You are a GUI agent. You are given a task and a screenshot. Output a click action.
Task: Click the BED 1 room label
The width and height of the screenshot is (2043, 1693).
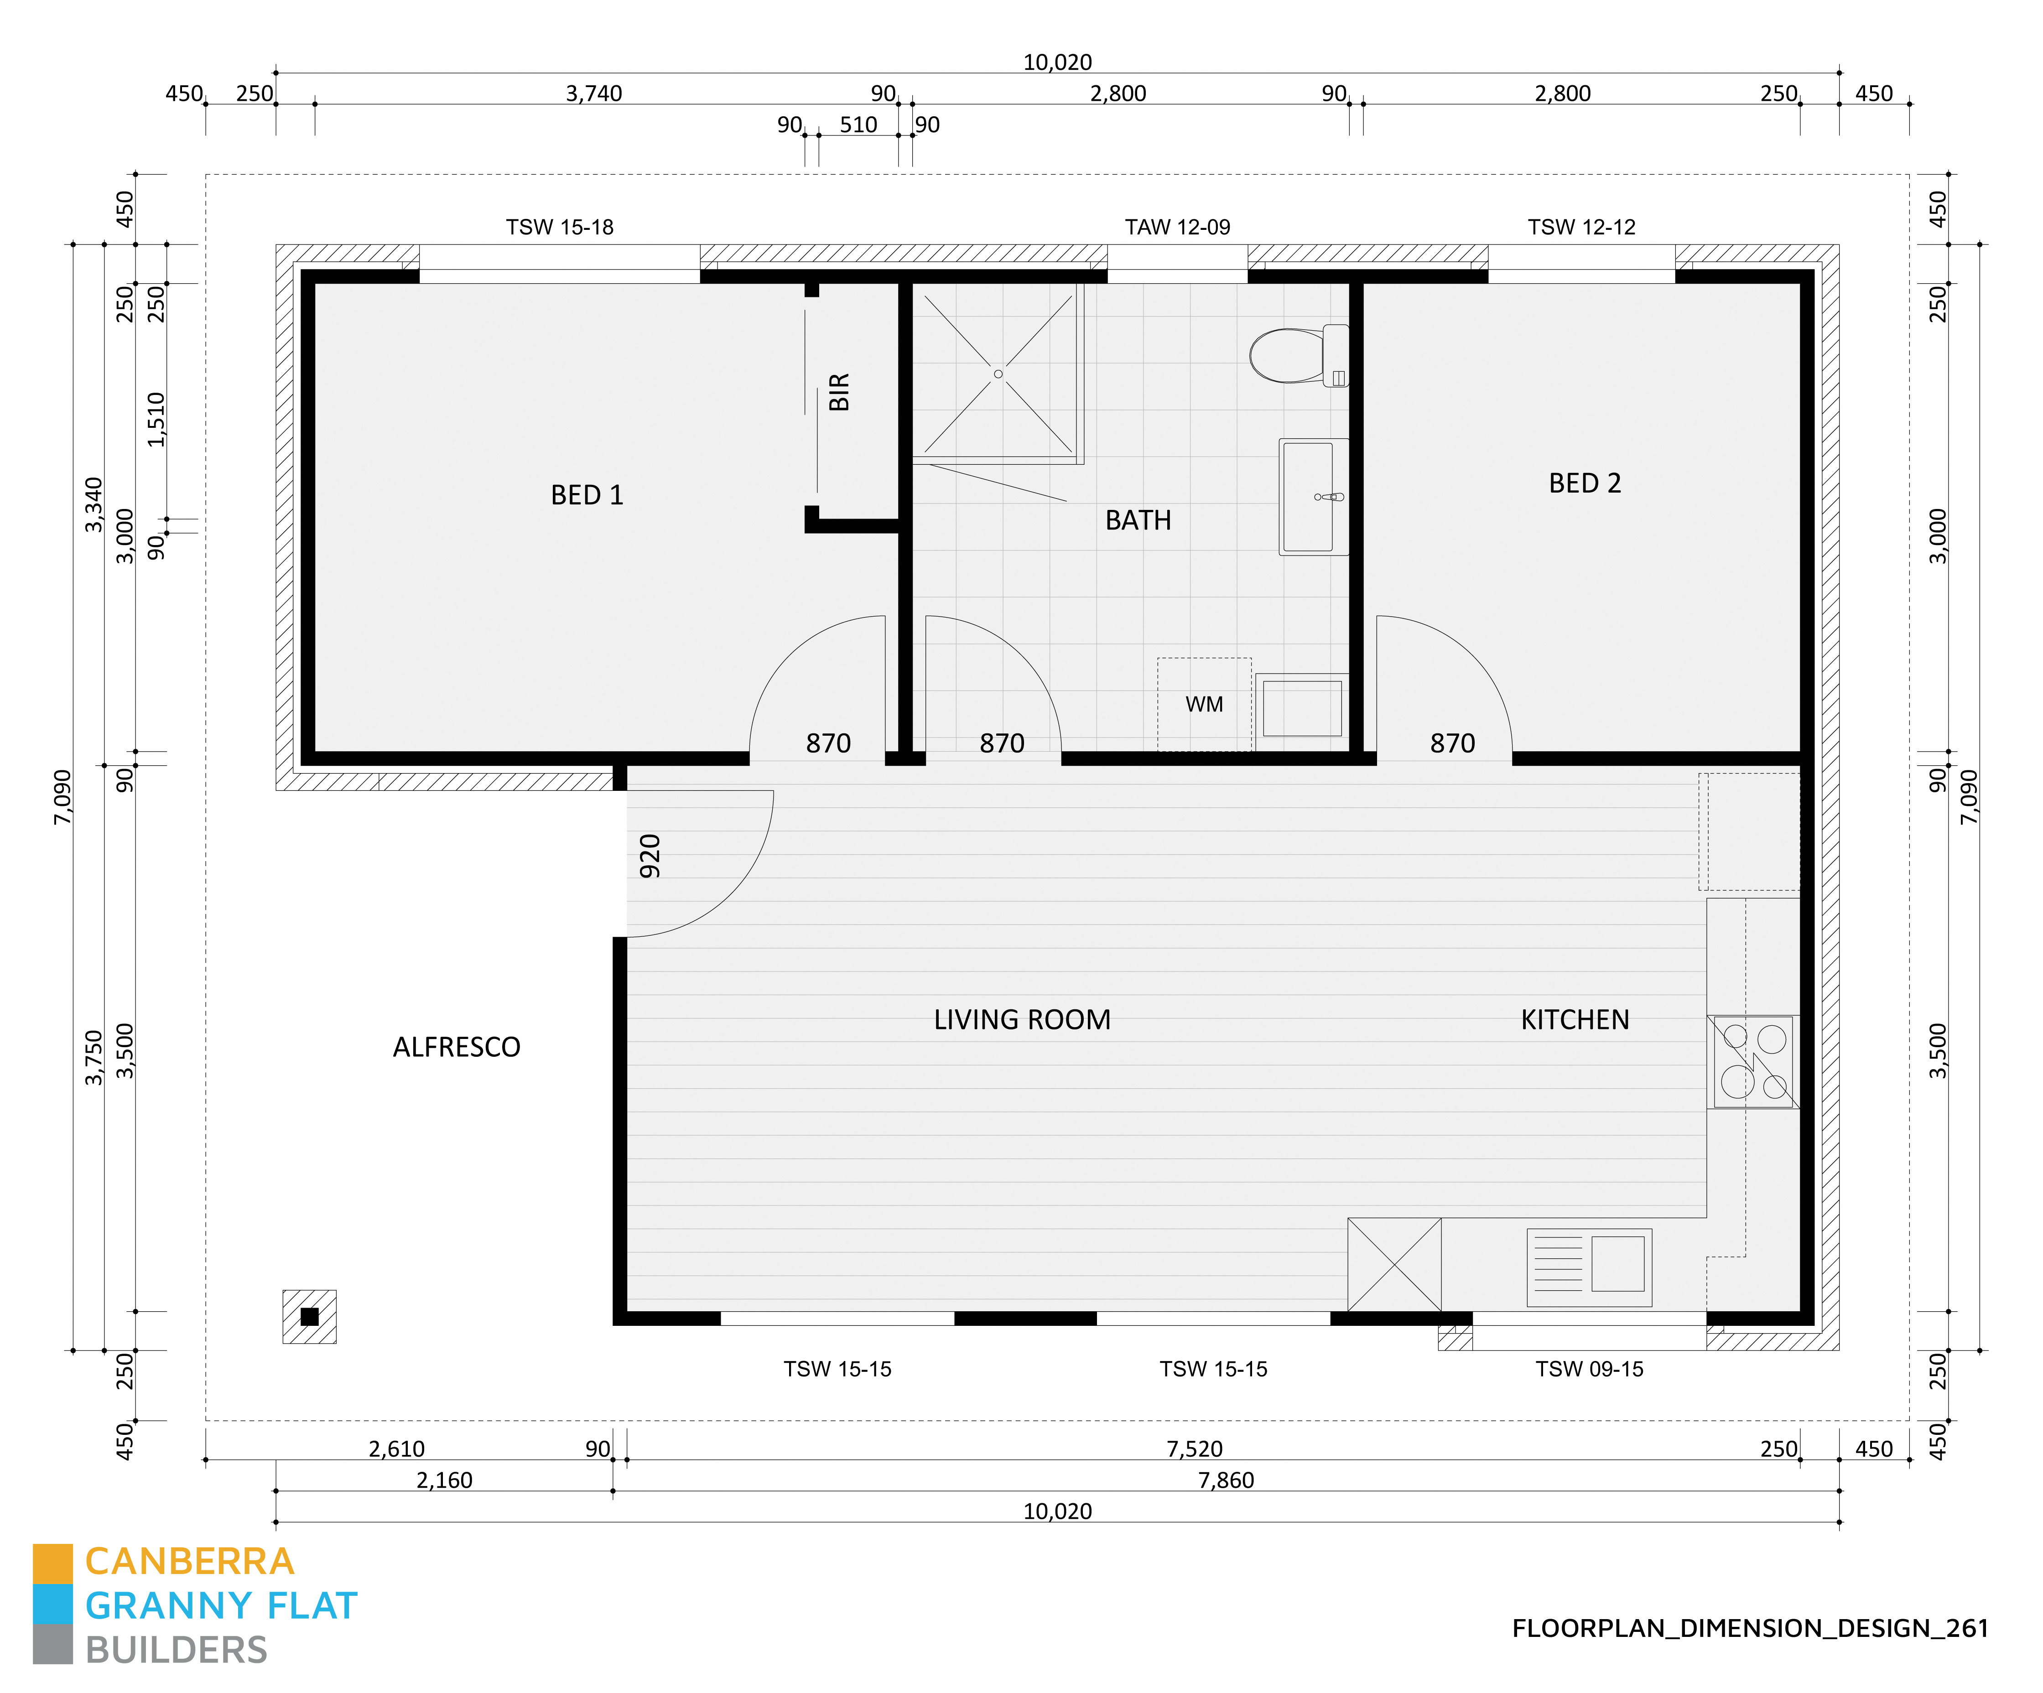[587, 495]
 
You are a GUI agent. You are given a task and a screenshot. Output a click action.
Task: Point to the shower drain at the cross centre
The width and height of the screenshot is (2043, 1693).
[998, 374]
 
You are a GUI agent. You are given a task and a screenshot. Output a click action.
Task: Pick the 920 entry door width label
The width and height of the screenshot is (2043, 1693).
[650, 856]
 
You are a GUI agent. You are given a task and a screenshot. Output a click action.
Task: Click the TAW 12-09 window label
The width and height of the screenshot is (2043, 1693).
[1177, 227]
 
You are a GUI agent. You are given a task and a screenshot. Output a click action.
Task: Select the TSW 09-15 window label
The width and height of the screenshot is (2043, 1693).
[1589, 1369]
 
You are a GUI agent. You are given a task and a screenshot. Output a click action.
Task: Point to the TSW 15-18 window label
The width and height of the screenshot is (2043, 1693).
[559, 227]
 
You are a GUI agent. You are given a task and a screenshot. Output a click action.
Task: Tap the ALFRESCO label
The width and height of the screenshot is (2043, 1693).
[456, 1047]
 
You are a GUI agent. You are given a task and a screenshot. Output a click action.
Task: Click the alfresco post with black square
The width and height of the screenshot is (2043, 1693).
[309, 1316]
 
